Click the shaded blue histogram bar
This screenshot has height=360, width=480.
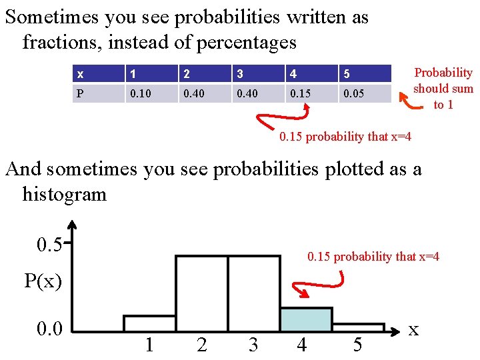point(306,319)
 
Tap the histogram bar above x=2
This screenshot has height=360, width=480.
point(201,293)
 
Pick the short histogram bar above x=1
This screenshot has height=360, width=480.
point(149,323)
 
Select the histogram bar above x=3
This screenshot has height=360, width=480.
point(253,293)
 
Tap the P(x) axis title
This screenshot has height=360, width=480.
point(43,281)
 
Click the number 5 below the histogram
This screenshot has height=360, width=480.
point(357,345)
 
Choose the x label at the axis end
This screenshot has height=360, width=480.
point(413,329)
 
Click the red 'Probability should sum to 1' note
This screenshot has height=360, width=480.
point(443,89)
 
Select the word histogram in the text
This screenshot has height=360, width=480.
point(64,195)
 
